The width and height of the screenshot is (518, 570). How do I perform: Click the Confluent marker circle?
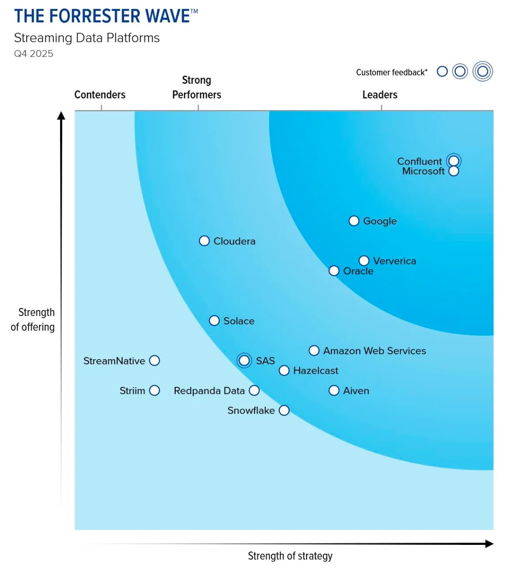[x=454, y=161]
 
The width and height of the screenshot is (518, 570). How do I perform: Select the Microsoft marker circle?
[x=454, y=171]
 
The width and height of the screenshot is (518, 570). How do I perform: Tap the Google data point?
[x=354, y=221]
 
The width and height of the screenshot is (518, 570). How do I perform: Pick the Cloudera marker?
[x=204, y=241]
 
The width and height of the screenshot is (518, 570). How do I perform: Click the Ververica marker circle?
[x=364, y=261]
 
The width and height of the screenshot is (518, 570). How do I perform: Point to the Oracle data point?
[x=334, y=271]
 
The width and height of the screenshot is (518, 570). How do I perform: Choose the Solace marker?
[x=214, y=321]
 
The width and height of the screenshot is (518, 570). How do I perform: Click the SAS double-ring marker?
[x=244, y=360]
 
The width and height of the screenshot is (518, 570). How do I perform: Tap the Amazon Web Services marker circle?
[x=314, y=351]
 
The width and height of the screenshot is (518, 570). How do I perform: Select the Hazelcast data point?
[x=284, y=371]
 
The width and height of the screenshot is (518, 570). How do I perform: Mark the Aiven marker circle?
[x=334, y=390]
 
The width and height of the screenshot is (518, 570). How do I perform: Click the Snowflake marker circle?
[x=284, y=410]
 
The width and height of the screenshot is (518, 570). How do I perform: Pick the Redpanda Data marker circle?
[x=254, y=390]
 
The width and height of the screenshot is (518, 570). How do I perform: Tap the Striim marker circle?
[x=154, y=390]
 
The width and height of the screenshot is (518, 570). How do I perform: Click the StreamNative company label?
[x=114, y=361]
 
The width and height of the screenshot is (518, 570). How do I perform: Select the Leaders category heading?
[x=380, y=95]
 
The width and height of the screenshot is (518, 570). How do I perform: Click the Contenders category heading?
[x=100, y=95]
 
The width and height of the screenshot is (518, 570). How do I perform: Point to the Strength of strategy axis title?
[x=290, y=556]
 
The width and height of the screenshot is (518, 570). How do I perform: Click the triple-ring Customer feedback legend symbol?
[x=482, y=71]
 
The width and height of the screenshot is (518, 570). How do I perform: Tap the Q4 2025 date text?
[x=34, y=54]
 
